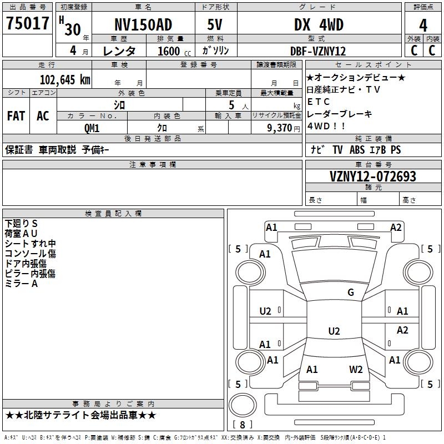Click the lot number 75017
pos(27,23)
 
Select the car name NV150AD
pos(143,25)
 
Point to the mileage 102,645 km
pos(65,79)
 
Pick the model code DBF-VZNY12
pos(318,51)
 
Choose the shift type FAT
pos(16,116)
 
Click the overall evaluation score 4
pos(423,25)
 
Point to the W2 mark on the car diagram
pos(356,370)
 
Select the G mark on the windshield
pos(350,292)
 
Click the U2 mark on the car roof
pos(334,331)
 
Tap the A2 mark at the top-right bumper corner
pos(395,227)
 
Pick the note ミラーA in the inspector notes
pos(21,284)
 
